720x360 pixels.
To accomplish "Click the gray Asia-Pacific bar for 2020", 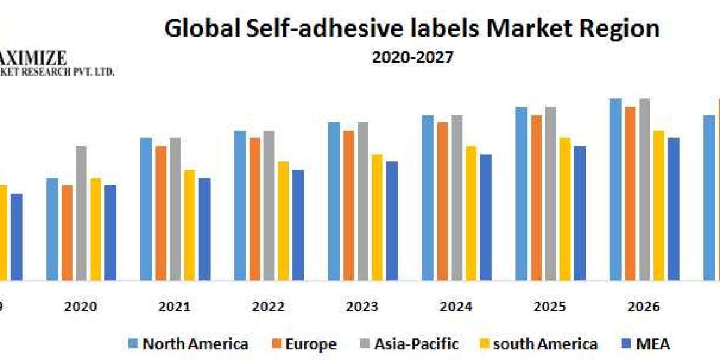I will (x=81, y=213).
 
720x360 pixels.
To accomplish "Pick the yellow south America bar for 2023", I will (x=377, y=217).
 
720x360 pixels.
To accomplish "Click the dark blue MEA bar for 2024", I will (x=486, y=217).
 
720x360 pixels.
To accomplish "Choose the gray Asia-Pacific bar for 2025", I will (x=551, y=193).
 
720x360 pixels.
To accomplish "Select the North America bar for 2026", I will (x=616, y=189).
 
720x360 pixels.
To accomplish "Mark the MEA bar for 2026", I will (x=674, y=209).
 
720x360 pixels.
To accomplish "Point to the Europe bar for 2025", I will (x=536, y=197).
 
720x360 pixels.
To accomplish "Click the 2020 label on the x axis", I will (x=80, y=307).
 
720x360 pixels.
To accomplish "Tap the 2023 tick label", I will (x=362, y=307).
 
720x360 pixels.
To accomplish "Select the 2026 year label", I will (x=644, y=307).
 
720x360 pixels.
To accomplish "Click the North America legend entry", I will (x=188, y=344).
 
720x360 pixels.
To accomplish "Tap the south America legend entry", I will (x=538, y=344).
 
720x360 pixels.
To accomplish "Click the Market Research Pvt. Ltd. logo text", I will (x=57, y=72).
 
